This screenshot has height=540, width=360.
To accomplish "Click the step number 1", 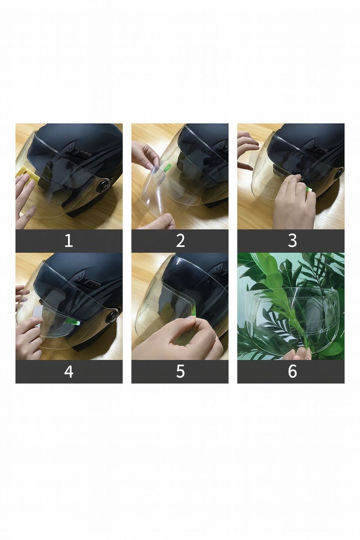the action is point(69,241).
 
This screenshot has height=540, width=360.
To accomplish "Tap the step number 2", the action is point(180,241).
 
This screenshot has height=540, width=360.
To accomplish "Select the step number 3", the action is point(292,241).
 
